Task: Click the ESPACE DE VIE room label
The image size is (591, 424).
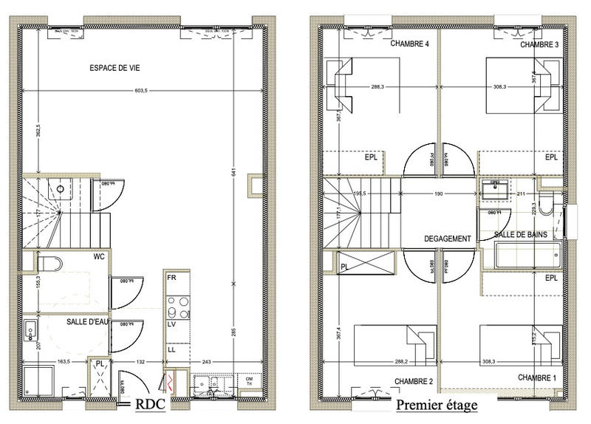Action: [115, 68]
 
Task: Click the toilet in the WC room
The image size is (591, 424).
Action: [49, 262]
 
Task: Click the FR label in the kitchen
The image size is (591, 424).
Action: [171, 278]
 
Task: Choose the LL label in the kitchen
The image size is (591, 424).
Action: [171, 349]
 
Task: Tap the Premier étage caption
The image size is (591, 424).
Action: [437, 406]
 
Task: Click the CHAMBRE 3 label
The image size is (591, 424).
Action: [539, 45]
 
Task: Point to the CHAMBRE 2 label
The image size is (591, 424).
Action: [413, 381]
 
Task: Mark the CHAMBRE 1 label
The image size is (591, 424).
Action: [537, 377]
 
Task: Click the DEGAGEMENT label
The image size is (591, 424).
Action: [448, 239]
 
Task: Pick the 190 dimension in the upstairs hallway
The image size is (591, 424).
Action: [438, 195]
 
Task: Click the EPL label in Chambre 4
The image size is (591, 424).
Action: [371, 157]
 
